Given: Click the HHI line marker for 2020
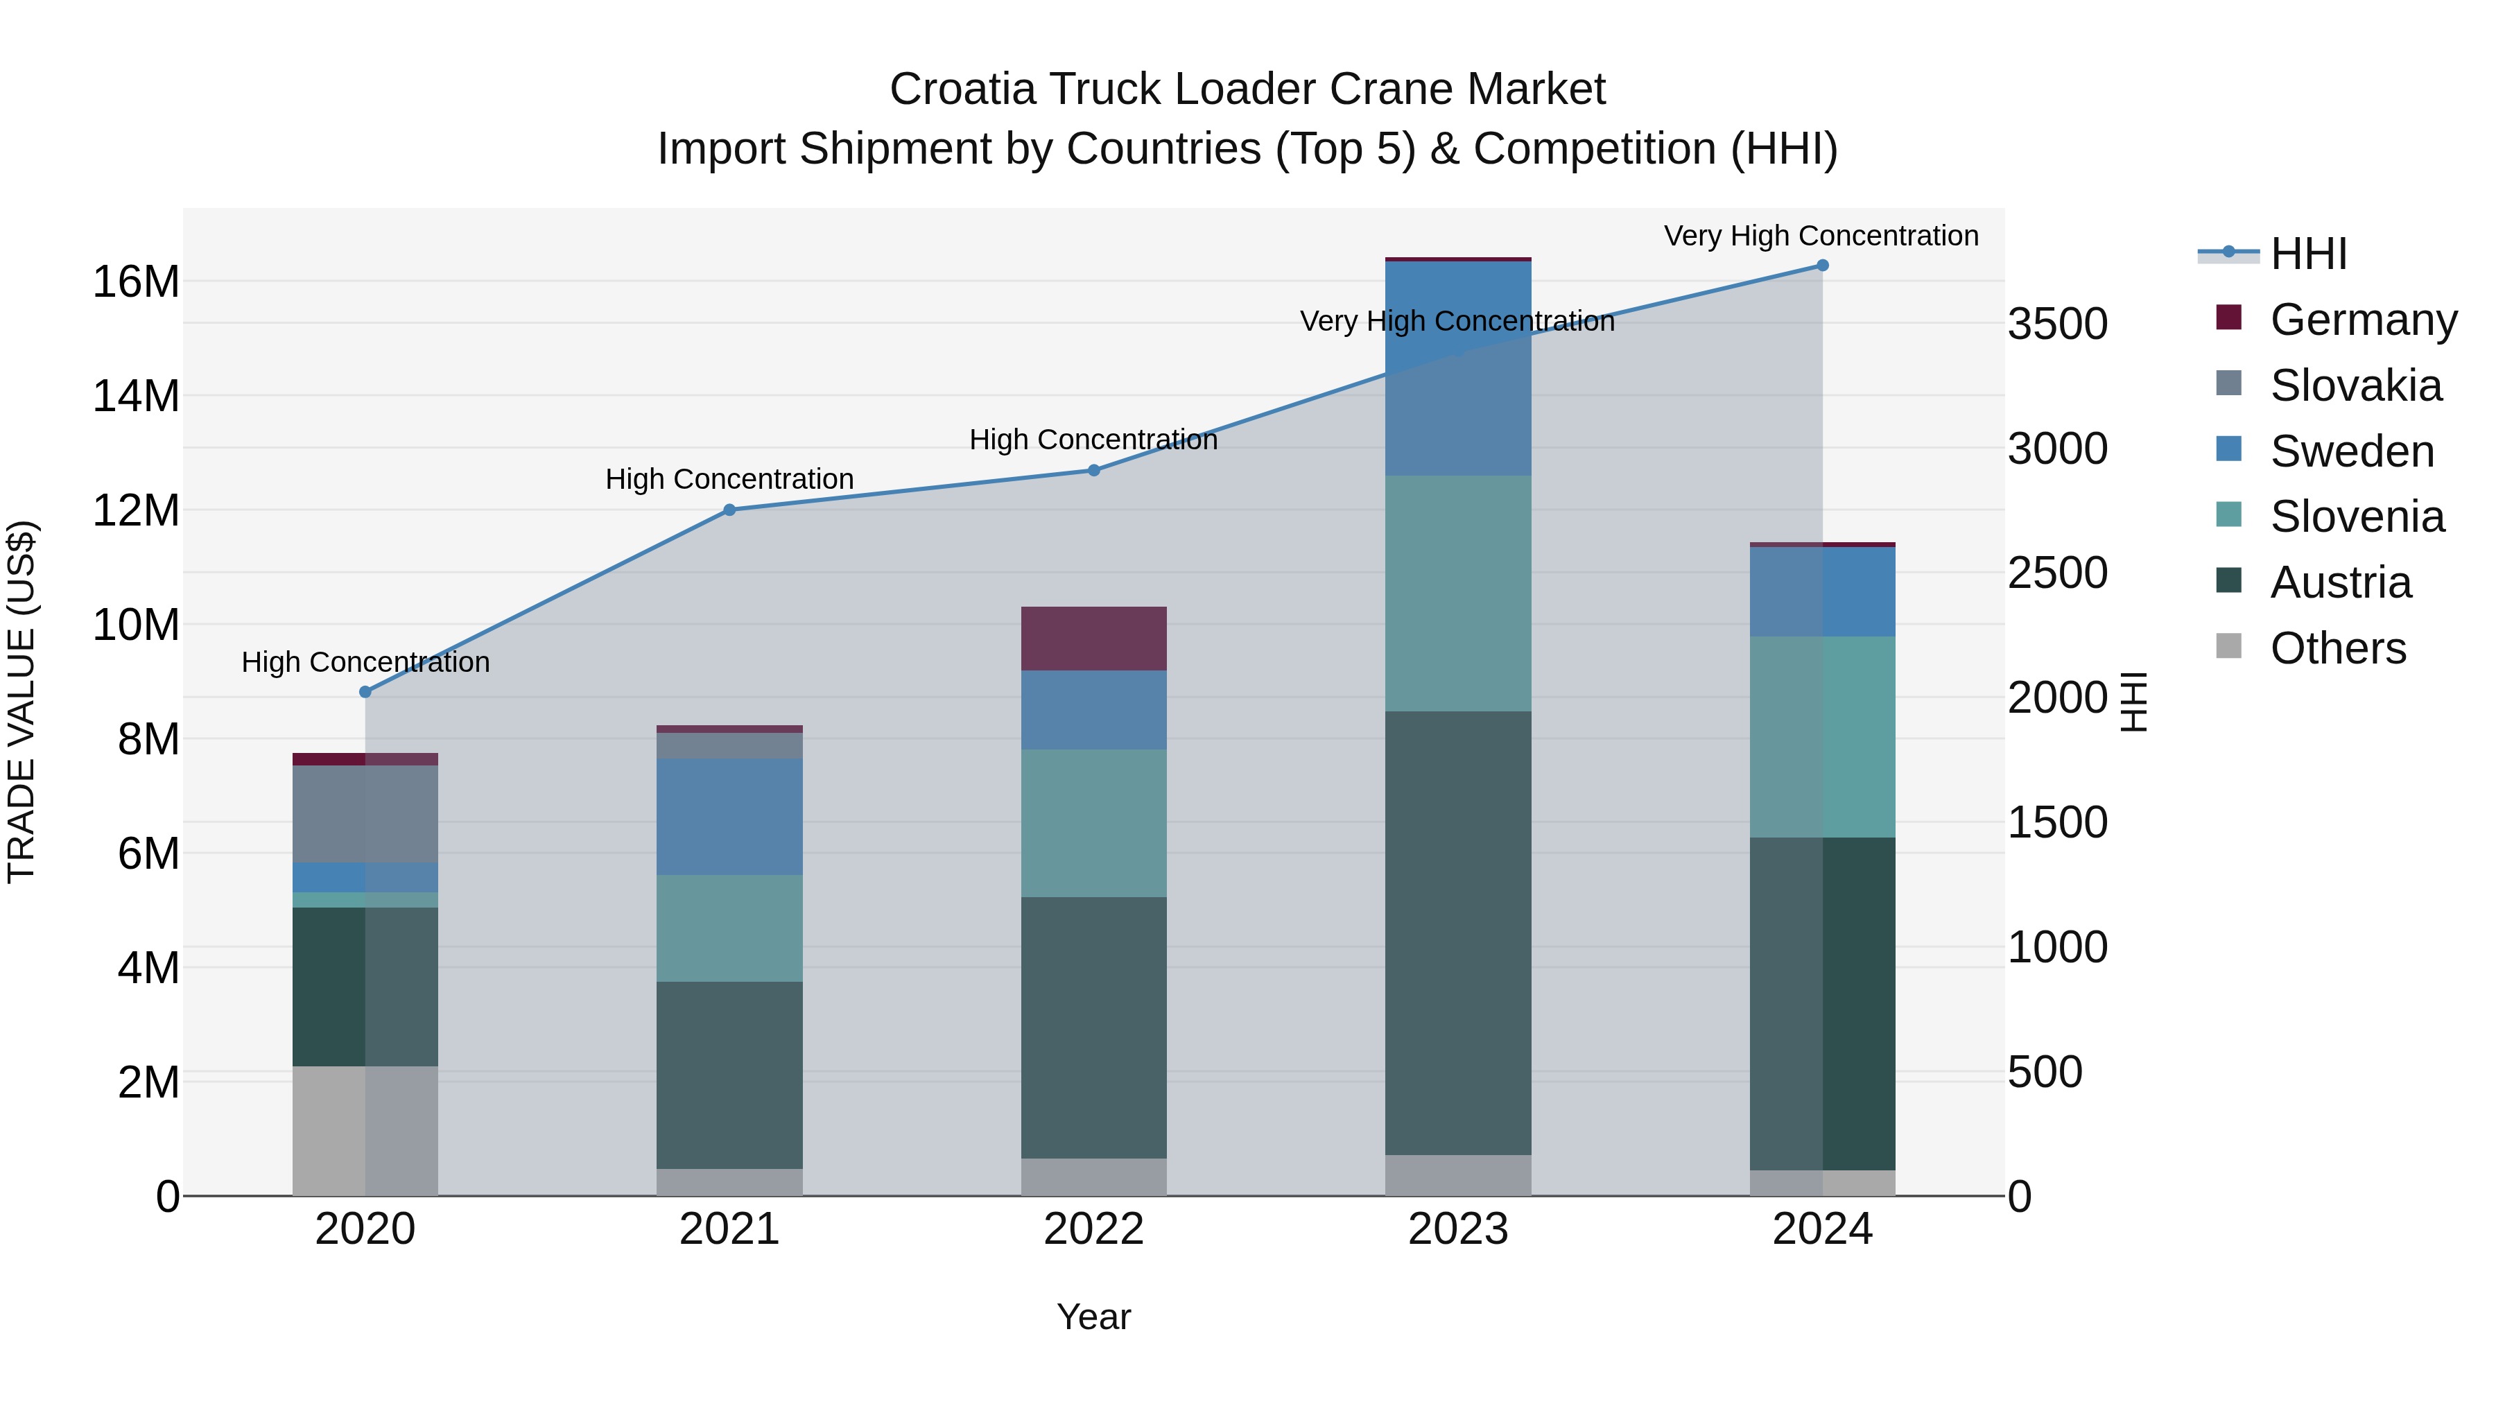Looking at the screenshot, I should point(365,692).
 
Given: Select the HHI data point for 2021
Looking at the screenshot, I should point(729,510).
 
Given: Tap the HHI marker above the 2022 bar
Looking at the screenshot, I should point(1094,470).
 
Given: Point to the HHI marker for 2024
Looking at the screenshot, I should point(1823,266).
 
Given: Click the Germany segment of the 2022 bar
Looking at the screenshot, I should point(1094,639).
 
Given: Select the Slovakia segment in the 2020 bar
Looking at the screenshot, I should point(365,814).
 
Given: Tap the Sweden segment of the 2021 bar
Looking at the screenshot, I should point(729,817).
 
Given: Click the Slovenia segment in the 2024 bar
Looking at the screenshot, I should point(1823,736).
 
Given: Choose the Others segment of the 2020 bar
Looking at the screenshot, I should point(365,1131).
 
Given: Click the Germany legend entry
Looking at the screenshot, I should point(2362,320).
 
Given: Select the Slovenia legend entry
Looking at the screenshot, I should point(2357,517).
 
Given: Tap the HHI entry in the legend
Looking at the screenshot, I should point(2308,254).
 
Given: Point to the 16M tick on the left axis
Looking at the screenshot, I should point(136,282).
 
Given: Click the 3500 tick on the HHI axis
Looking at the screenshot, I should point(2057,324).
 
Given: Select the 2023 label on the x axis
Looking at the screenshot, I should point(1458,1229).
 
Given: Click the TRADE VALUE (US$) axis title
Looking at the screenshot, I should point(21,702).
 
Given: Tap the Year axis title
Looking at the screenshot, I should point(1094,1317).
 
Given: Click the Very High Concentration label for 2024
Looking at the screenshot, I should point(1821,236).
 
